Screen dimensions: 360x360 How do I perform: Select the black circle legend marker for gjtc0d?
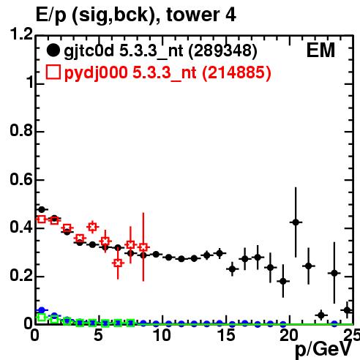coord(53,50)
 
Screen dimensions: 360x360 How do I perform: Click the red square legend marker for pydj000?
coord(53,72)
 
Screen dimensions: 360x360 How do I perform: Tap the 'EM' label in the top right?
coord(320,50)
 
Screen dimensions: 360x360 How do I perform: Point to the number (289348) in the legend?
coord(223,50)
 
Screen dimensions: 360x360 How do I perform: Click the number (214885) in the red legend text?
coord(236,72)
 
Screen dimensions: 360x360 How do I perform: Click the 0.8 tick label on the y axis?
coord(20,130)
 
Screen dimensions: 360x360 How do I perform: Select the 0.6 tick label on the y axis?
coord(20,179)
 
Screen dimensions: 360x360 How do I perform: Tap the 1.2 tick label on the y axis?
coord(20,34)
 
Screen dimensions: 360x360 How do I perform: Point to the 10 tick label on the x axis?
coord(162,335)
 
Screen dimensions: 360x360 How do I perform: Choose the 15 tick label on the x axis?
coord(226,335)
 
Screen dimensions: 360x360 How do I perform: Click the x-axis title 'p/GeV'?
coord(324,350)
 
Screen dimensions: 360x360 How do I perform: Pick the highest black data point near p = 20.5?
coord(296,222)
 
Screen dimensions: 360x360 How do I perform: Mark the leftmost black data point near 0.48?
coord(42,209)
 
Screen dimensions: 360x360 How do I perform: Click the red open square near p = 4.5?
coord(92,227)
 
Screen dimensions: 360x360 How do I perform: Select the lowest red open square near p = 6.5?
coord(118,263)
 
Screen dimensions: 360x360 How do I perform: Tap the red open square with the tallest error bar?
coord(143,247)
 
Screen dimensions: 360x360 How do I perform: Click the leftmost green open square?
coord(42,318)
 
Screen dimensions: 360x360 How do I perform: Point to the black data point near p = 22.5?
coord(321,315)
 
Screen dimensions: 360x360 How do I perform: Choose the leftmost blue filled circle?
coord(42,310)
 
